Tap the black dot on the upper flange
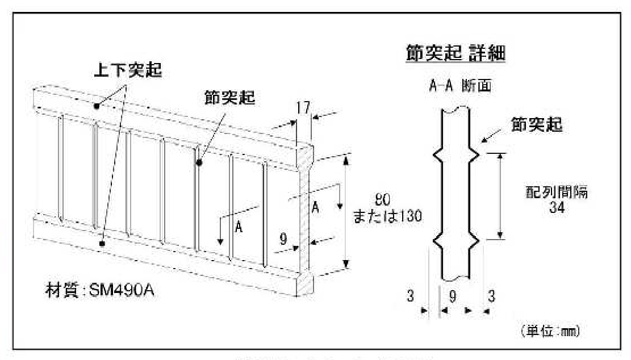pyautogui.click(x=97, y=106)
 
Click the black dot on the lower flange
pyautogui.click(x=102, y=243)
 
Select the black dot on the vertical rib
pyautogui.click(x=200, y=163)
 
